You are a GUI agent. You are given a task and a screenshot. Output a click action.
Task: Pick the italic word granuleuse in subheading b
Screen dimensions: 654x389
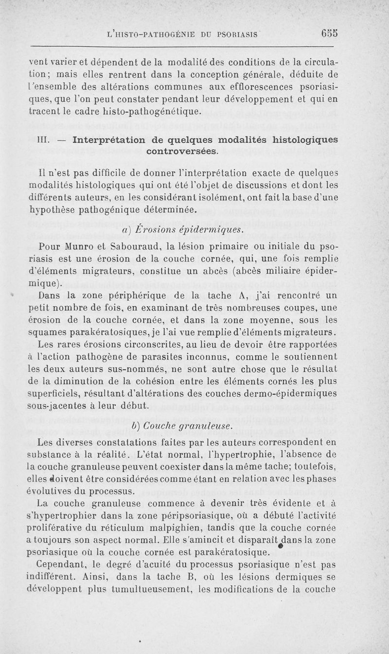pyautogui.click(x=206, y=426)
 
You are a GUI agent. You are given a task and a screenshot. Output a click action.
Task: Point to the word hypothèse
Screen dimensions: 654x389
pyautogui.click(x=51, y=210)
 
